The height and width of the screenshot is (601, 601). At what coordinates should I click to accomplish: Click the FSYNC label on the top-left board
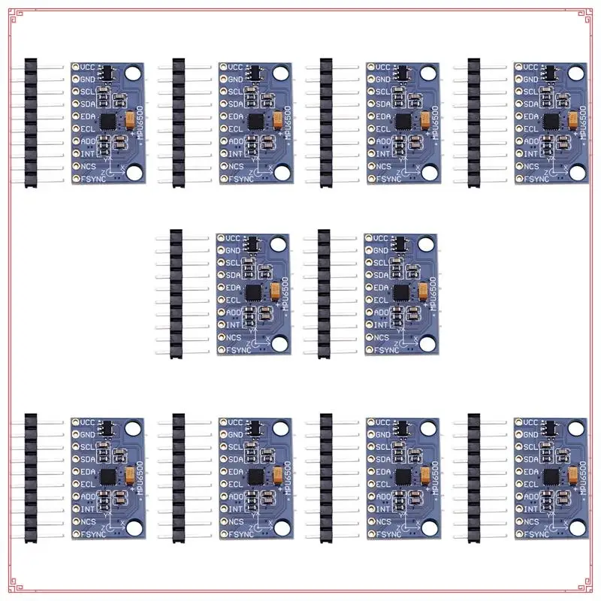click(92, 179)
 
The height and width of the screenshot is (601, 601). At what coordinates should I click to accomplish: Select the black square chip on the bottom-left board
click(109, 476)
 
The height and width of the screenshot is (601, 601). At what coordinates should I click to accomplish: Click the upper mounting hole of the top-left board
click(133, 74)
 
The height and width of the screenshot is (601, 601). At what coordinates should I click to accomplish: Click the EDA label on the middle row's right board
click(381, 288)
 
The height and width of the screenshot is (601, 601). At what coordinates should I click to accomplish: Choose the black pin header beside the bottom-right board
click(474, 478)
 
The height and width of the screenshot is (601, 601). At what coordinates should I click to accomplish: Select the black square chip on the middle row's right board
click(402, 292)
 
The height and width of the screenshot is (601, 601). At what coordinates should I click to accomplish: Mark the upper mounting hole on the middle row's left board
click(279, 244)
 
